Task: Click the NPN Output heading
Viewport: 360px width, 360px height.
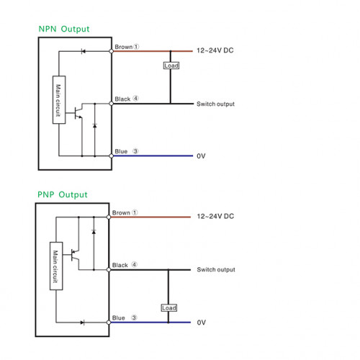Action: tap(64, 29)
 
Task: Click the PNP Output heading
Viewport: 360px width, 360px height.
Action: tap(63, 195)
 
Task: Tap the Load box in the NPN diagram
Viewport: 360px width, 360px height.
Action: tap(171, 66)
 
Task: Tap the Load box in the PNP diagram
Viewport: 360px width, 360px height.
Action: tap(169, 308)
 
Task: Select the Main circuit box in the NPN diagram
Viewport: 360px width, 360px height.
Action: tap(59, 100)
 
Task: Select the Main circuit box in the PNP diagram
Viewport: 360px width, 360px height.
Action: tap(56, 266)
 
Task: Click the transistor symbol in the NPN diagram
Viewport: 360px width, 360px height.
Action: tap(77, 112)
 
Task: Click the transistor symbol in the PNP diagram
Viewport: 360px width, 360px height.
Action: tap(75, 256)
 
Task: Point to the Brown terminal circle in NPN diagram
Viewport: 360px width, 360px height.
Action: tap(111, 51)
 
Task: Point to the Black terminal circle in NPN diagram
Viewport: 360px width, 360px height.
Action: tap(111, 104)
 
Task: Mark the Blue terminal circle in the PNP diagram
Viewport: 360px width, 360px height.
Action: tap(109, 323)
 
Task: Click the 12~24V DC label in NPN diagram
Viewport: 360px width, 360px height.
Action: tap(215, 50)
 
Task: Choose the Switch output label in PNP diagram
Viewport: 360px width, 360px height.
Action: tap(216, 270)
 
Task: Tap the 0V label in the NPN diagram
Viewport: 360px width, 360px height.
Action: tap(201, 156)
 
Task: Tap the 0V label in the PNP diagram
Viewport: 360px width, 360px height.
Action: tap(202, 323)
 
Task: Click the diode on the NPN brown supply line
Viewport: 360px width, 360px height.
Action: tap(83, 51)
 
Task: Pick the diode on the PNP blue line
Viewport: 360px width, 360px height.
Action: tap(82, 323)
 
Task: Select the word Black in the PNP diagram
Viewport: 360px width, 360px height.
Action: tap(120, 265)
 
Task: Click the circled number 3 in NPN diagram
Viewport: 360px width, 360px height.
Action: tap(135, 151)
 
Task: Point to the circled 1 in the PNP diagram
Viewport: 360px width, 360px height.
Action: tap(135, 212)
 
